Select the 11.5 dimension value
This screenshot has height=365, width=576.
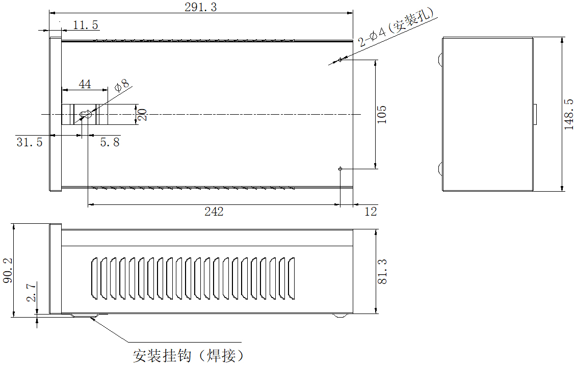[x=85, y=25]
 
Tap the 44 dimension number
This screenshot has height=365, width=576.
[x=85, y=84]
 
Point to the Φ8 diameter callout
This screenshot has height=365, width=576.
[x=123, y=85]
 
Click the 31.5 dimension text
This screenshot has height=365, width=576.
[x=30, y=142]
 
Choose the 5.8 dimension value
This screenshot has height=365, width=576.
[x=110, y=142]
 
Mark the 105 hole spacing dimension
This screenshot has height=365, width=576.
[x=382, y=114]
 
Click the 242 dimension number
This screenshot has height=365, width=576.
[x=214, y=212]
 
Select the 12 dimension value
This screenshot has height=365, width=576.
[x=371, y=212]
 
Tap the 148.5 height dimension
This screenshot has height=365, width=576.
[x=569, y=115]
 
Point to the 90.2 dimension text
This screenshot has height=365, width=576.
[x=7, y=271]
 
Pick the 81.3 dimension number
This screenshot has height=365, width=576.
[x=382, y=271]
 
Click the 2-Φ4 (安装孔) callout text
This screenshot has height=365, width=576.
[x=398, y=28]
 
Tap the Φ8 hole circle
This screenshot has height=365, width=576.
[x=86, y=115]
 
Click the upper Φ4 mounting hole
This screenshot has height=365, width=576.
[x=340, y=60]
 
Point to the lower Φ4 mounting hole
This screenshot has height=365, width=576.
[x=340, y=168]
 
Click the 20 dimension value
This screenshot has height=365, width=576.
[x=143, y=114]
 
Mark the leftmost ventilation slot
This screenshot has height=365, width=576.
[x=94, y=278]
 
